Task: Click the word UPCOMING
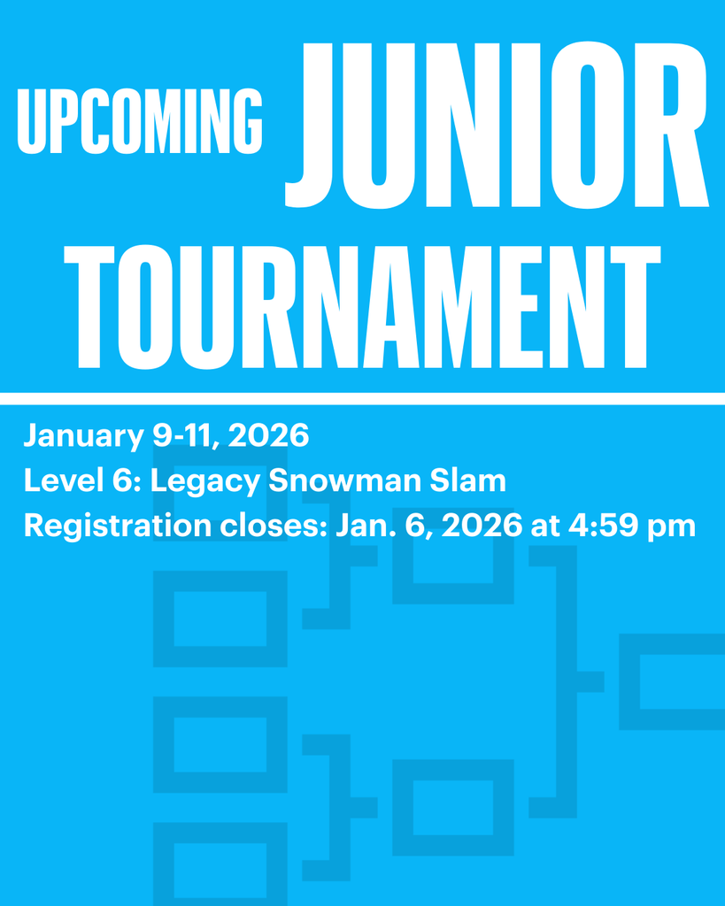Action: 140,121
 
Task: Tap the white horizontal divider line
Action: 362,398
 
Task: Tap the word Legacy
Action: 204,482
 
